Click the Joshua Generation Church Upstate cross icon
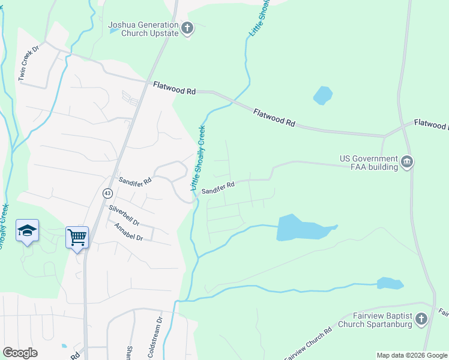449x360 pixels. pos(187,28)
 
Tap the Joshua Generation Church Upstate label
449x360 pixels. pos(143,29)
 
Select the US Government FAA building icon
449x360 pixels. pos(408,161)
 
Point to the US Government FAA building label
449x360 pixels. pos(369,163)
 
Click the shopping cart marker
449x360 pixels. pos(77,237)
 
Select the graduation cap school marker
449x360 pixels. pos(27,230)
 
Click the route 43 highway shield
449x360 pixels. pos(107,193)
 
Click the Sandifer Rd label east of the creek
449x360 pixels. pos(217,188)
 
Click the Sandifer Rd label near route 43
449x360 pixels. pos(134,179)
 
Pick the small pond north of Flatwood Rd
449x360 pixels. pos(322,95)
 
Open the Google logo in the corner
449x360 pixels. pos(20,353)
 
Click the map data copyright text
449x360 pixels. pos(412,355)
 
